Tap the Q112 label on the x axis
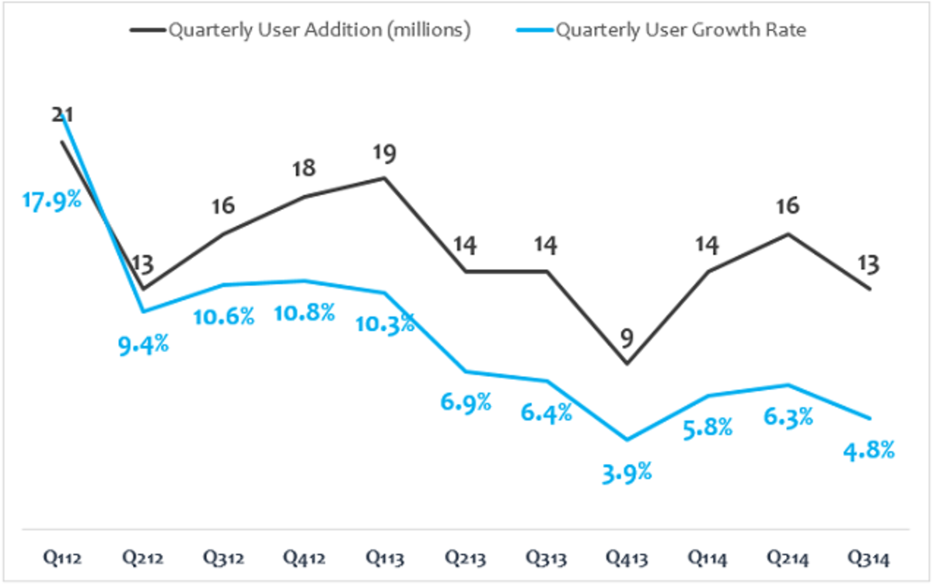click(62, 558)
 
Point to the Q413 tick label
click(627, 558)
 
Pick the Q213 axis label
click(465, 558)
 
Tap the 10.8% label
click(306, 313)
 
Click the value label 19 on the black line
click(384, 153)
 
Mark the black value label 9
click(626, 338)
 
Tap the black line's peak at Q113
click(385, 178)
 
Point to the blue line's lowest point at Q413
click(626, 440)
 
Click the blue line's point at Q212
click(142, 312)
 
